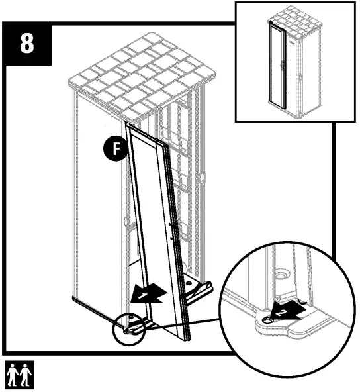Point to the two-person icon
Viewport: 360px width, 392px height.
19,375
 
